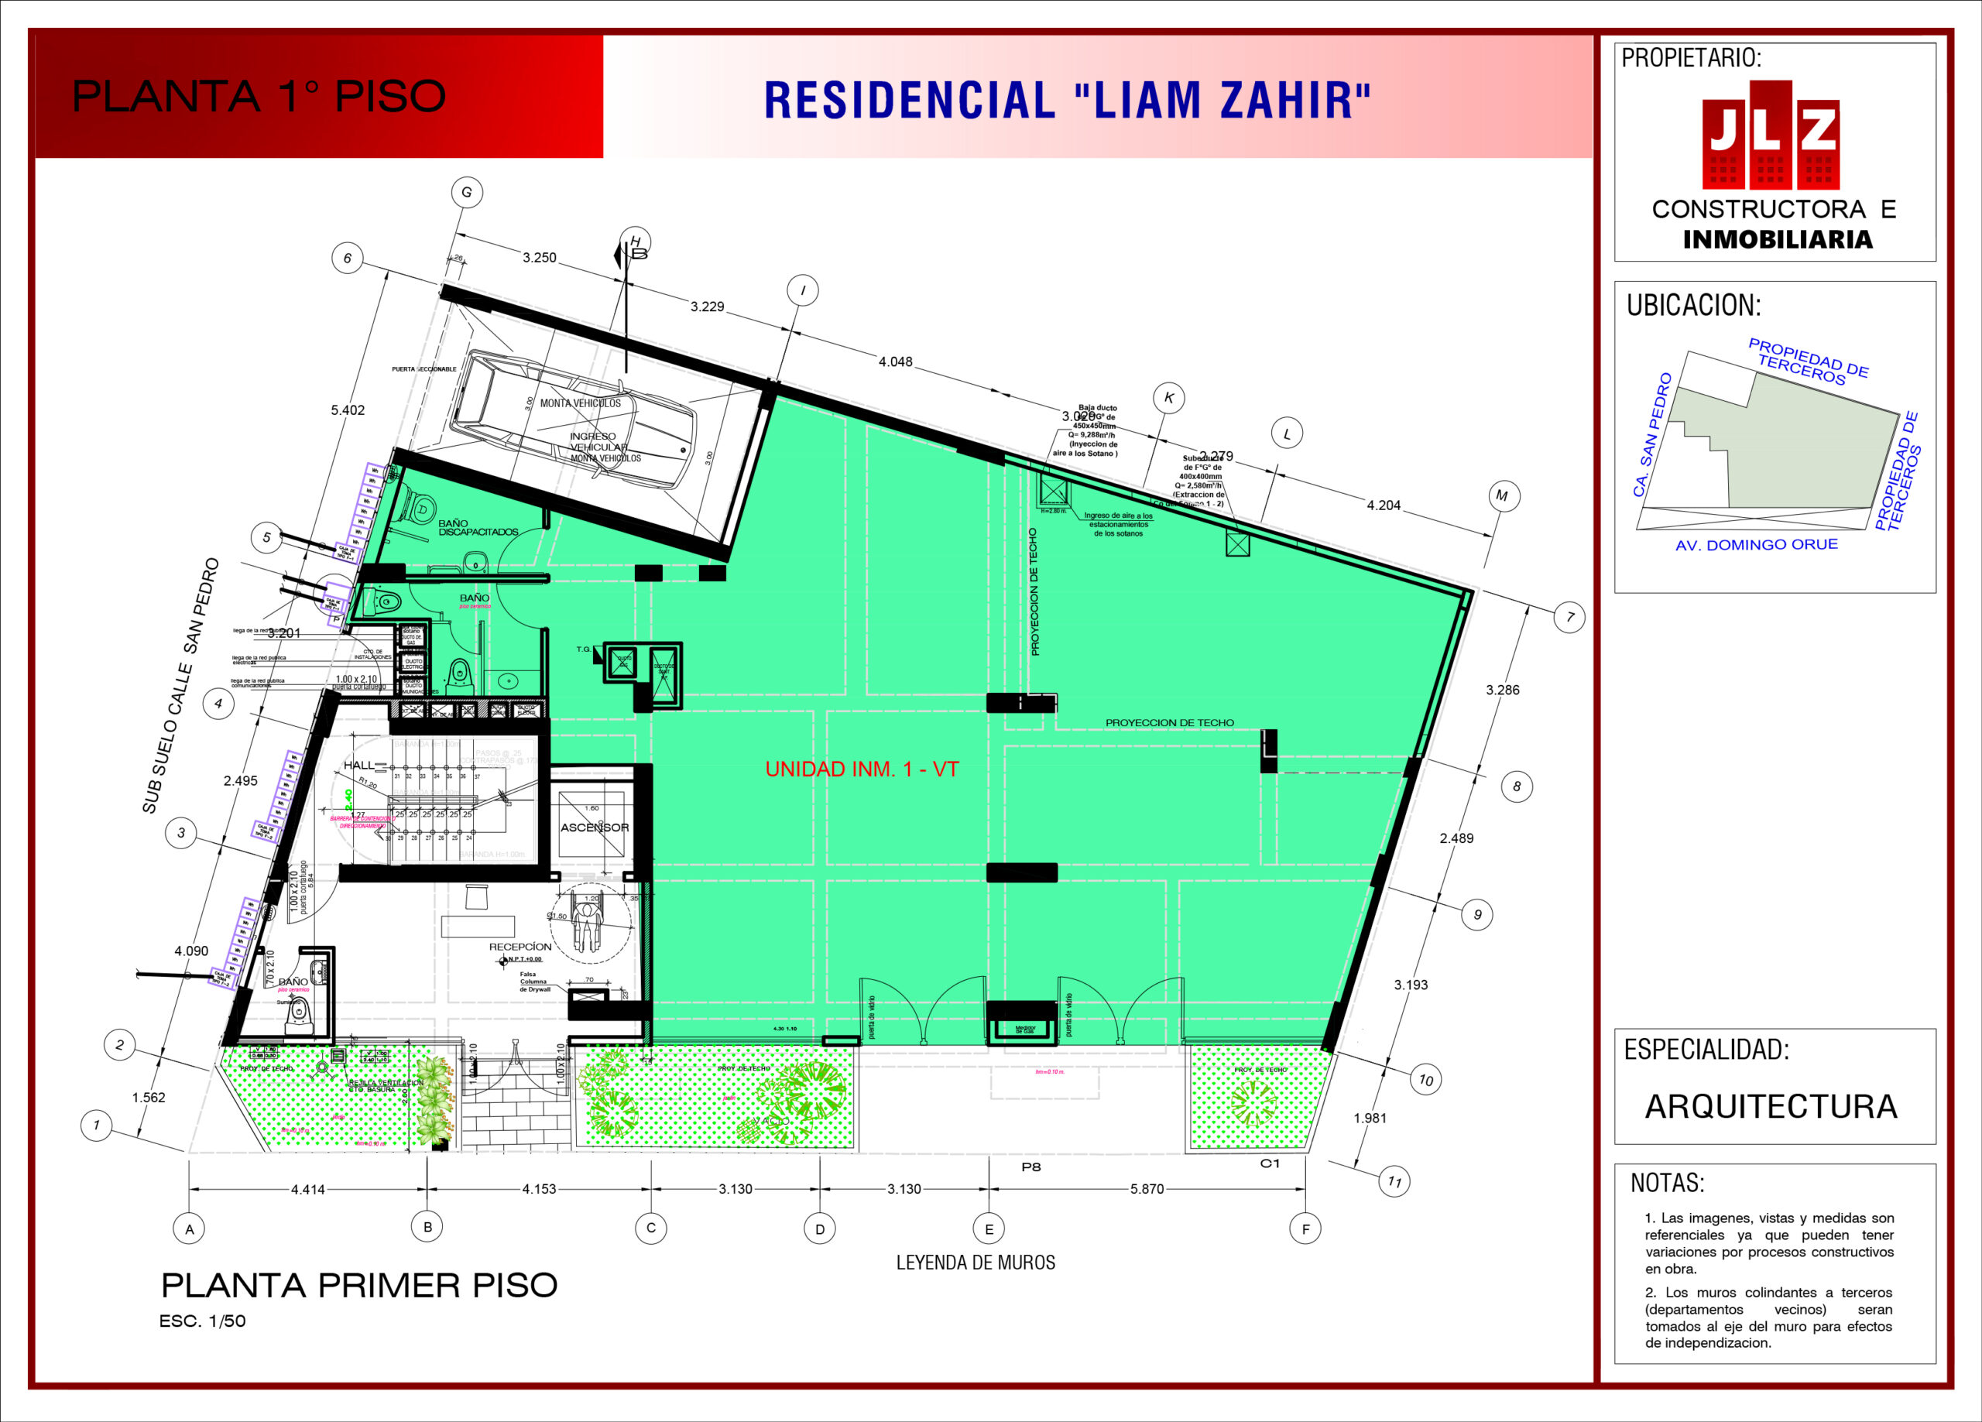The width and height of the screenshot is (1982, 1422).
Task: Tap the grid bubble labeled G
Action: click(467, 192)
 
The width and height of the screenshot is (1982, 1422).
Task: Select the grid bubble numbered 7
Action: click(1569, 617)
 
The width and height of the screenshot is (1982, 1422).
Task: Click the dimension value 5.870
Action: click(1147, 1189)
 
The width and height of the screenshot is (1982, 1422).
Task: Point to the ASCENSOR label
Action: click(595, 827)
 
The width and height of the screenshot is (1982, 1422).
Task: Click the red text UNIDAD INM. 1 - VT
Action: click(862, 769)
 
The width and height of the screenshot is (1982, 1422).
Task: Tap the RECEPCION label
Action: click(520, 947)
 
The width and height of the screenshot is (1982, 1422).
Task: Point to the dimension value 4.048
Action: click(895, 361)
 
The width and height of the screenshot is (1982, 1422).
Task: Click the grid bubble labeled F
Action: click(1305, 1228)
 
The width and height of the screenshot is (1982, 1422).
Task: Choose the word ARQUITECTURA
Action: click(1771, 1106)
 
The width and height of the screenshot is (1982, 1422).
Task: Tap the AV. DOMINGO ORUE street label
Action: click(1757, 544)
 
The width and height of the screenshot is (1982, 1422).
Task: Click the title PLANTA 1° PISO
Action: click(259, 96)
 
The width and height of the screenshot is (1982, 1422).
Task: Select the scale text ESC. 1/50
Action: click(202, 1321)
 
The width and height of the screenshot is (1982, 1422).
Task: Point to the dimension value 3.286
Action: click(1502, 690)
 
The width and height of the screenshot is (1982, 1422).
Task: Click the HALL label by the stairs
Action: click(358, 765)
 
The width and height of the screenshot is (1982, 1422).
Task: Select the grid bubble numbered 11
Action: click(1394, 1182)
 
